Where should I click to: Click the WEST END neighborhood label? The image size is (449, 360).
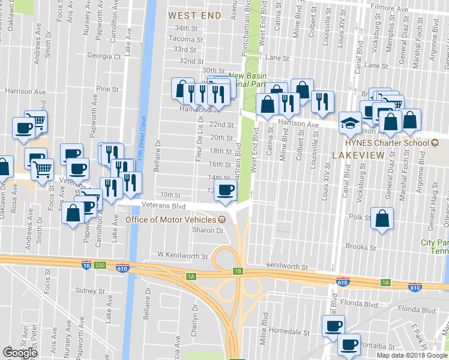[x=194, y=14]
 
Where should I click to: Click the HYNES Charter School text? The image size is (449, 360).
[x=382, y=143]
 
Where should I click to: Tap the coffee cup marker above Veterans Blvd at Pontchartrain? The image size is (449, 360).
[x=226, y=190]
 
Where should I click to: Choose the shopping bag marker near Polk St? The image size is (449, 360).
[x=382, y=218]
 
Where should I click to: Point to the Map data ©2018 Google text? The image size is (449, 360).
[x=411, y=355]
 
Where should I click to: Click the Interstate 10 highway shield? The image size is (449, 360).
[x=86, y=264]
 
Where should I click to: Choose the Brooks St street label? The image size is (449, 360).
[x=361, y=247]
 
